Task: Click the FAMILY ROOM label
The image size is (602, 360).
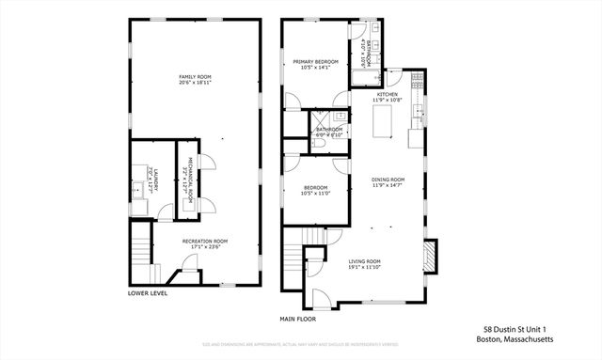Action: (196, 76)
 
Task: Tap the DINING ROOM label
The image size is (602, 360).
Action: (387, 179)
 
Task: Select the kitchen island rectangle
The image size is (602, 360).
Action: (382, 121)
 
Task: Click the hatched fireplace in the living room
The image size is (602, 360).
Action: (430, 255)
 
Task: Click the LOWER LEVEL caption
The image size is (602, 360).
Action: (148, 293)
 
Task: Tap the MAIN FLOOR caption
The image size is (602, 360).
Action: (298, 319)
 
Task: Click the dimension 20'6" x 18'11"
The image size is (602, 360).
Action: (196, 83)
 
